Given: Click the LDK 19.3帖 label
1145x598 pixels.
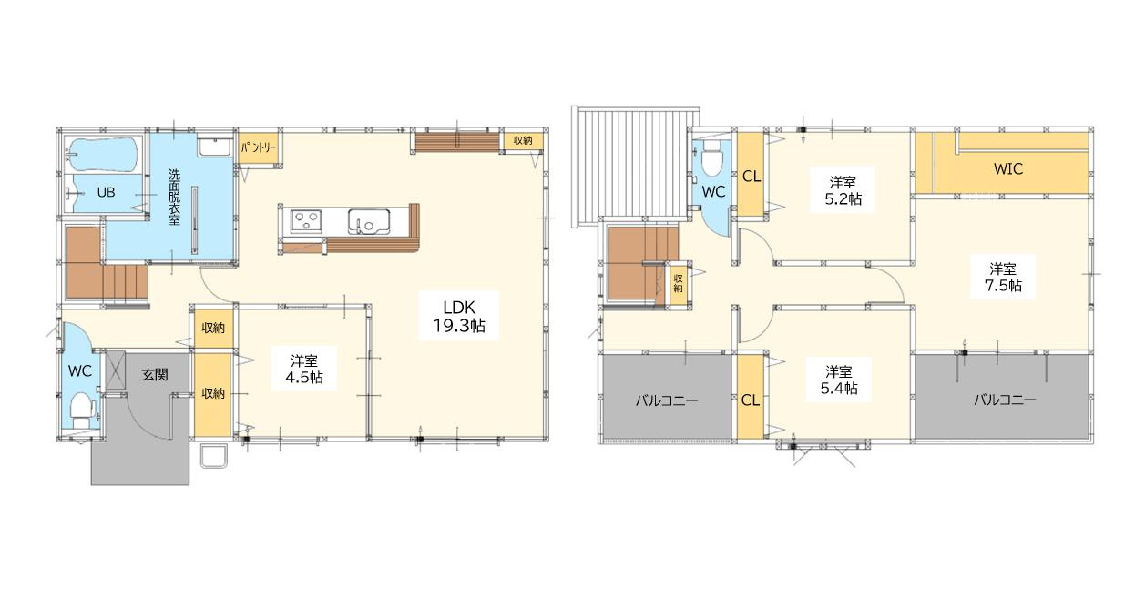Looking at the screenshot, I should pyautogui.click(x=459, y=316).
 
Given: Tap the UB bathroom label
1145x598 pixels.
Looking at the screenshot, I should pyautogui.click(x=106, y=192).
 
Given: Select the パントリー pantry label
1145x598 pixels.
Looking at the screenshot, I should pyautogui.click(x=259, y=146).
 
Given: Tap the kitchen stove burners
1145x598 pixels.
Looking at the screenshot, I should pyautogui.click(x=304, y=221).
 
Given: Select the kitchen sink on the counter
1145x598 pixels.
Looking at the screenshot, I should pyautogui.click(x=369, y=221).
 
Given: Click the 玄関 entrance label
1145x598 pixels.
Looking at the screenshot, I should pyautogui.click(x=154, y=374).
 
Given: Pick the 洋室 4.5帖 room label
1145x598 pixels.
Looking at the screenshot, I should pyautogui.click(x=304, y=369).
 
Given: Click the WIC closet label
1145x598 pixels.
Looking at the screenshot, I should pyautogui.click(x=1007, y=168).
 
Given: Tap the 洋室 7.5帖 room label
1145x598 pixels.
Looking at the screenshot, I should pyautogui.click(x=1003, y=277).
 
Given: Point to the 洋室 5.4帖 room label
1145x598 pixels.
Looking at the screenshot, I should pyautogui.click(x=839, y=380).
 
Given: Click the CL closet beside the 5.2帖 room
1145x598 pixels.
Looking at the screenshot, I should pyautogui.click(x=751, y=177).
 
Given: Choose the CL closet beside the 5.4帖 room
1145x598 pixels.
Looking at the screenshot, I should pyautogui.click(x=750, y=400).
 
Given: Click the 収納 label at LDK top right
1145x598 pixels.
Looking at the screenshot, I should pyautogui.click(x=523, y=140).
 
